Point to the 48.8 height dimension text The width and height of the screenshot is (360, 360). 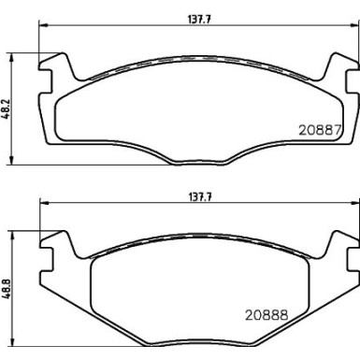pyautogui.click(x=11, y=285)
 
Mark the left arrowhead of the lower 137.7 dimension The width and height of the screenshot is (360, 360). pyautogui.click(x=41, y=205)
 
